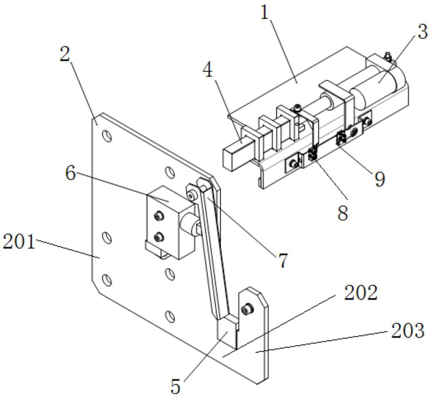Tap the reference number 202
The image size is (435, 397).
(361, 292)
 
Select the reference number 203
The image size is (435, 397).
(407, 331)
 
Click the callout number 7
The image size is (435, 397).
(282, 260)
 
